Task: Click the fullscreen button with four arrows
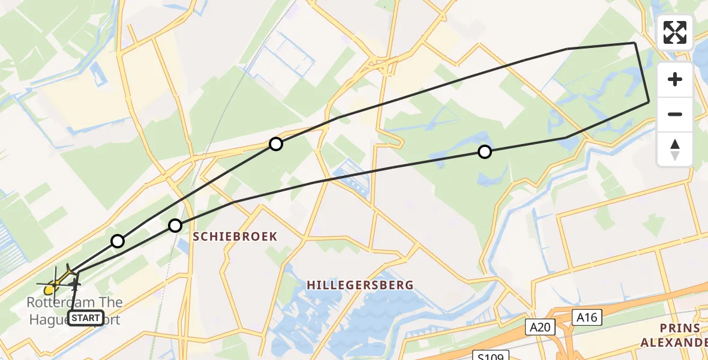click(x=675, y=32)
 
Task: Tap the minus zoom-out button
click(x=675, y=114)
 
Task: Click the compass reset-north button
click(x=675, y=149)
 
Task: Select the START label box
click(x=86, y=318)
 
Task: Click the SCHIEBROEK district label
click(x=235, y=236)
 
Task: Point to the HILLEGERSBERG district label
click(x=360, y=285)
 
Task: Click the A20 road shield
click(x=541, y=327)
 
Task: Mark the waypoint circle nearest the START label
click(x=118, y=241)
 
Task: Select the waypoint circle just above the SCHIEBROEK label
click(x=175, y=226)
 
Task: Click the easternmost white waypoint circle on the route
click(x=484, y=152)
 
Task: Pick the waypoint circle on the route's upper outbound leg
click(x=275, y=144)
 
